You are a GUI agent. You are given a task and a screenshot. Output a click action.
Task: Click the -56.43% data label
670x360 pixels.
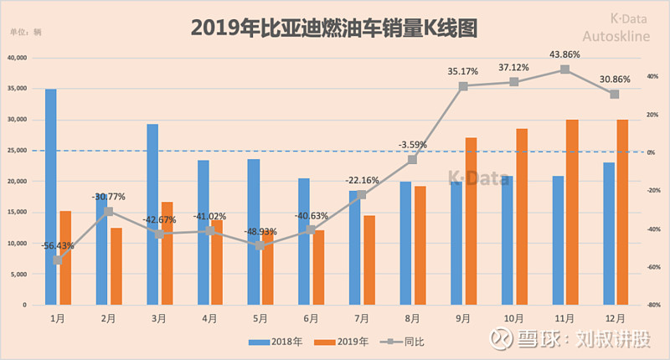coord(57,245)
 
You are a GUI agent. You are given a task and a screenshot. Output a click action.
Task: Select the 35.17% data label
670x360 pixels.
coord(462,71)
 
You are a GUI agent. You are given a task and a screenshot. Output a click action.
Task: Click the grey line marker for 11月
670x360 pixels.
coord(565,69)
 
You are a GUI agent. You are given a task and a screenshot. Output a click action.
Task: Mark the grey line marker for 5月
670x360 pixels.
coord(260,245)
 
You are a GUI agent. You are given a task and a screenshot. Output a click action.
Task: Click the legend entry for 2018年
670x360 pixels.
coord(275,342)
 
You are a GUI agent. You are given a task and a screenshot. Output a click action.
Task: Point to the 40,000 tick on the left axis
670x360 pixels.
coord(17,58)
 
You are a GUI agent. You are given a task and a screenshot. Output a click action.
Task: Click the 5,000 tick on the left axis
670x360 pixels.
coord(18,274)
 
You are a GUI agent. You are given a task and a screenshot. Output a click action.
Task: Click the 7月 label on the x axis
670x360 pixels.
coord(362,319)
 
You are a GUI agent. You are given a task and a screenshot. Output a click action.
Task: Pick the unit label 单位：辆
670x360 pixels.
coord(25,32)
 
